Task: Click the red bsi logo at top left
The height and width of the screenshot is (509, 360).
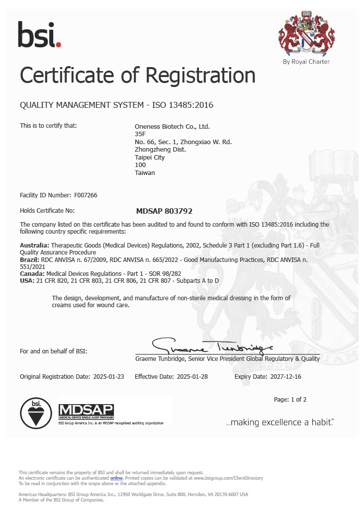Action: pos(39,34)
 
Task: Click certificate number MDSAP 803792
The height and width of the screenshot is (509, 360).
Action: pos(164,211)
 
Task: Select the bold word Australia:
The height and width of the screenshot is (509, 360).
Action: pos(34,246)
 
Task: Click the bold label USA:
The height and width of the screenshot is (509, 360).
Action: pos(27,281)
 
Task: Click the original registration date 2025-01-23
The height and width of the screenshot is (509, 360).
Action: pos(108,376)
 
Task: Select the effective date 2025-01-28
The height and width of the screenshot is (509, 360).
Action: pos(192,376)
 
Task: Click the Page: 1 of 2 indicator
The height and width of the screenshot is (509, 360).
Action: pos(290,399)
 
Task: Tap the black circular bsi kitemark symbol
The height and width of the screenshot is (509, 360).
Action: pos(36,413)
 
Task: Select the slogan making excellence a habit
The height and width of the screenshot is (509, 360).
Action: pos(279,422)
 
